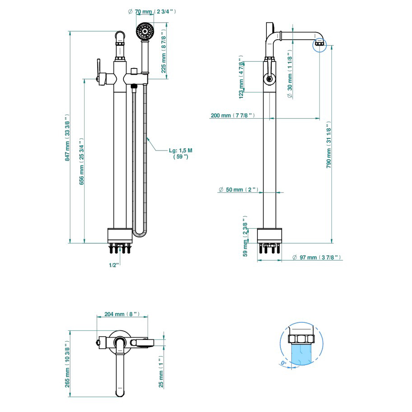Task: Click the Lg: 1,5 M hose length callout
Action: point(180,153)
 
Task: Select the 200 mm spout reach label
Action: point(233,116)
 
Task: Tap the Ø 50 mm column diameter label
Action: point(238,190)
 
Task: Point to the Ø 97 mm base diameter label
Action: point(316,257)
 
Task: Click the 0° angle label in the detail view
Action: point(283,363)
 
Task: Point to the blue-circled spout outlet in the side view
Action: point(319,44)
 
